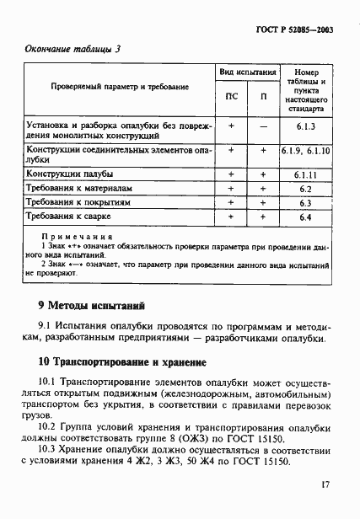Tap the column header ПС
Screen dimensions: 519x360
pyautogui.click(x=232, y=96)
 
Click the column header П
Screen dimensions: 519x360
pyautogui.click(x=263, y=96)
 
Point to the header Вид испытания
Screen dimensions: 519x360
pyautogui.click(x=248, y=73)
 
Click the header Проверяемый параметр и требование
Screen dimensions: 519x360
pyautogui.click(x=118, y=86)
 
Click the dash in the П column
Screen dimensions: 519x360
pyautogui.click(x=263, y=127)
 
